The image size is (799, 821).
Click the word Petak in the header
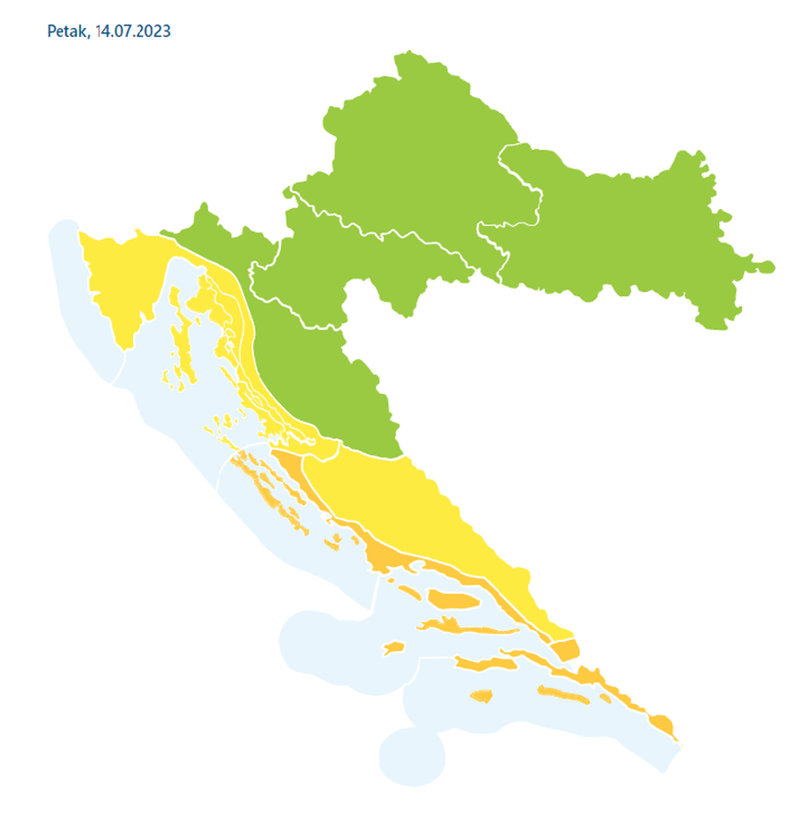tap(67, 31)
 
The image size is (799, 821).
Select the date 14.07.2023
tap(135, 31)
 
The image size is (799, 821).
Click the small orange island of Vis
tap(392, 647)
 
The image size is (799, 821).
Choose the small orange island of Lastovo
tap(483, 696)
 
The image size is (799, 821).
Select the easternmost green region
tap(628, 233)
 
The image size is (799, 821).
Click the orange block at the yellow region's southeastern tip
tap(566, 649)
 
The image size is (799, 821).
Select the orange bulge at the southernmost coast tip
tap(662, 723)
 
